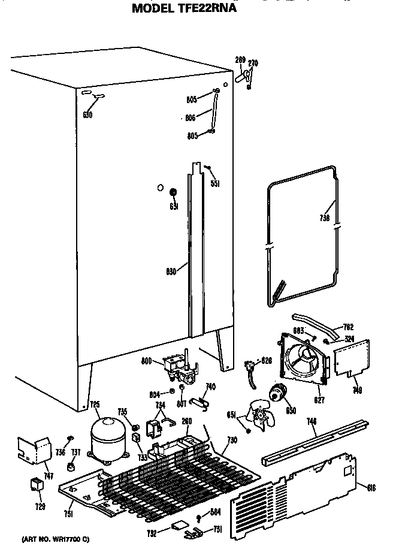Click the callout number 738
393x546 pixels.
click(x=324, y=219)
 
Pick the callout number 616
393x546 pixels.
click(x=371, y=488)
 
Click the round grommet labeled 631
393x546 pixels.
click(x=173, y=192)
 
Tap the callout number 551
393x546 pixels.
click(x=214, y=183)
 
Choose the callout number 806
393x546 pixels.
click(x=191, y=118)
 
